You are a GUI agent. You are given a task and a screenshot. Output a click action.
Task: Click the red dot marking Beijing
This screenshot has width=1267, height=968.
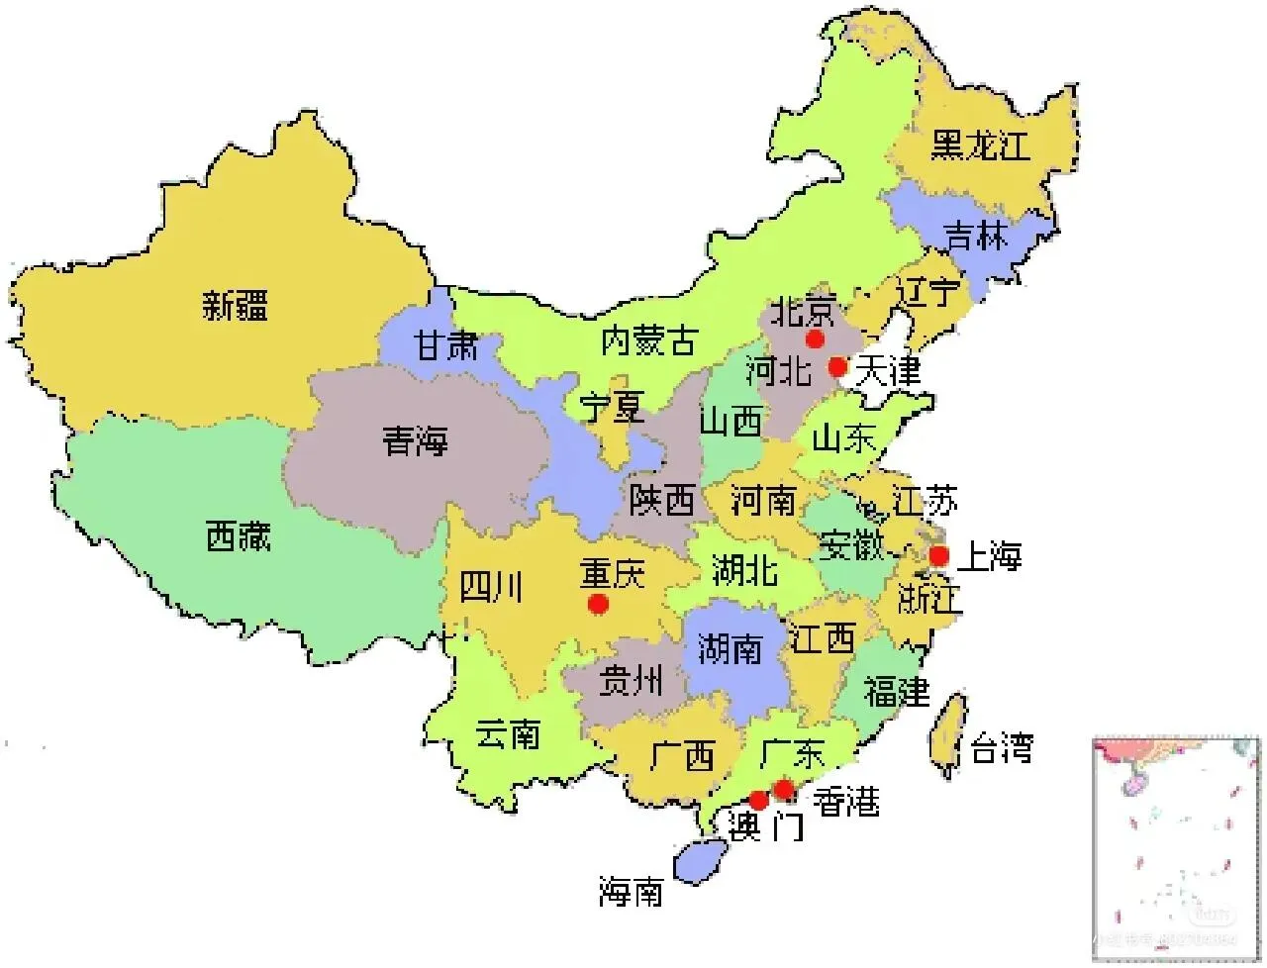[x=815, y=339]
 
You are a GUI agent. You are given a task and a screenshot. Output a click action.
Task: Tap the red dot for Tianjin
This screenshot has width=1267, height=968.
[x=838, y=366]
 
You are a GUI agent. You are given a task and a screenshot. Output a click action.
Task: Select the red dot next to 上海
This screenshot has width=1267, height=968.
[x=938, y=555]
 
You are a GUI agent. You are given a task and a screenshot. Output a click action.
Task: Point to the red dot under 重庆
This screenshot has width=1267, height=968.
[x=597, y=603]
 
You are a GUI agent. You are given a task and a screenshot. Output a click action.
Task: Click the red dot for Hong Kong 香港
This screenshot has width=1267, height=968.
[x=783, y=789]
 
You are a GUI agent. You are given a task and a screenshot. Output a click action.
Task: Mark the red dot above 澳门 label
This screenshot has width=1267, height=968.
[x=758, y=800]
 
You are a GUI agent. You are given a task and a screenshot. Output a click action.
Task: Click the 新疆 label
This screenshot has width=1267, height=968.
[x=235, y=304]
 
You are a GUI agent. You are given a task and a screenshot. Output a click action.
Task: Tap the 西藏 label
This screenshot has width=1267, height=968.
[x=238, y=537]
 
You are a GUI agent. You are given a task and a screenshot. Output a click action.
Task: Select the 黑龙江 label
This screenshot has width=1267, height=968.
[x=979, y=146]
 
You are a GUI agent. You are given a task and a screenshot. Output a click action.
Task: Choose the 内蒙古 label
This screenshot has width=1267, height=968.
[x=648, y=342]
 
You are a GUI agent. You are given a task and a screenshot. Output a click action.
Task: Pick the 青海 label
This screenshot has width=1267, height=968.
[x=416, y=440]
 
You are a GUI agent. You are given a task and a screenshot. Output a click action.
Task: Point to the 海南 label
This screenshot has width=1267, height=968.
[x=631, y=894]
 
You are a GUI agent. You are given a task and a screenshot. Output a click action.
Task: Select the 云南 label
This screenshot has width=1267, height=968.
[x=507, y=734]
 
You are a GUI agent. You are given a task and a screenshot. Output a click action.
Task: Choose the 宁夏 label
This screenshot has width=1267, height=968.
[x=612, y=407]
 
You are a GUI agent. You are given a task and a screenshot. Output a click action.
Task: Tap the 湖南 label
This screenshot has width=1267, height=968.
[x=730, y=649]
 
